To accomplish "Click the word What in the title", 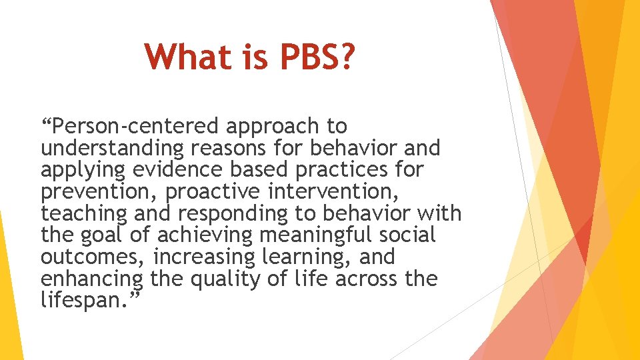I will [187, 57].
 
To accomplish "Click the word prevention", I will [99, 192].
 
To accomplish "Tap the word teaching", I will [83, 214].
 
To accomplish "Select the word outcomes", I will [93, 257].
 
